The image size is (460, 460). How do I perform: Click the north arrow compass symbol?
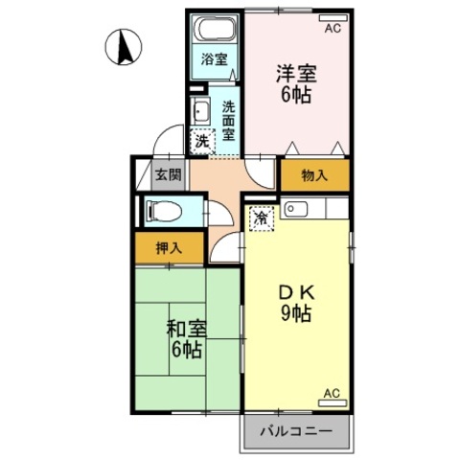pyautogui.click(x=124, y=47)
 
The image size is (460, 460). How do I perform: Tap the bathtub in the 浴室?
pyautogui.click(x=216, y=30)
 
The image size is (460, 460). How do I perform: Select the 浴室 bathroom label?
pyautogui.click(x=215, y=59)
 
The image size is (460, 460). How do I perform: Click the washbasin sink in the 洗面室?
pyautogui.click(x=200, y=111)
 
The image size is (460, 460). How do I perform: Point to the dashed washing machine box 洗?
pyautogui.click(x=202, y=141)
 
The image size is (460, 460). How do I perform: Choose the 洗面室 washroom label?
pyautogui.click(x=229, y=121)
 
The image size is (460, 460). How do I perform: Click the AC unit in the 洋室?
pyautogui.click(x=333, y=18)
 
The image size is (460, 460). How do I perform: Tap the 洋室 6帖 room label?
pyautogui.click(x=296, y=84)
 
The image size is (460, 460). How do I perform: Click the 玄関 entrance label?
pyautogui.click(x=168, y=175)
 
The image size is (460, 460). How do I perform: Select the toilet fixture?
pyautogui.click(x=164, y=211)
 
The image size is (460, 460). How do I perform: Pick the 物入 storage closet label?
pyautogui.click(x=314, y=175)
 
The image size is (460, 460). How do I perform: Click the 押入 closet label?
pyautogui.click(x=169, y=248)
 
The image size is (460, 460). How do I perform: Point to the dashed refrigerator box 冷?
pyautogui.click(x=262, y=218)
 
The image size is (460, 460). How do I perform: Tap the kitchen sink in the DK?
pyautogui.click(x=295, y=209)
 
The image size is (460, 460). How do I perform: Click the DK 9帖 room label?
pyautogui.click(x=296, y=304)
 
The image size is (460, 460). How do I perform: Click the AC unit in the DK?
pyautogui.click(x=333, y=403)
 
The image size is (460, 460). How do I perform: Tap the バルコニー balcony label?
pyautogui.click(x=296, y=432)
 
